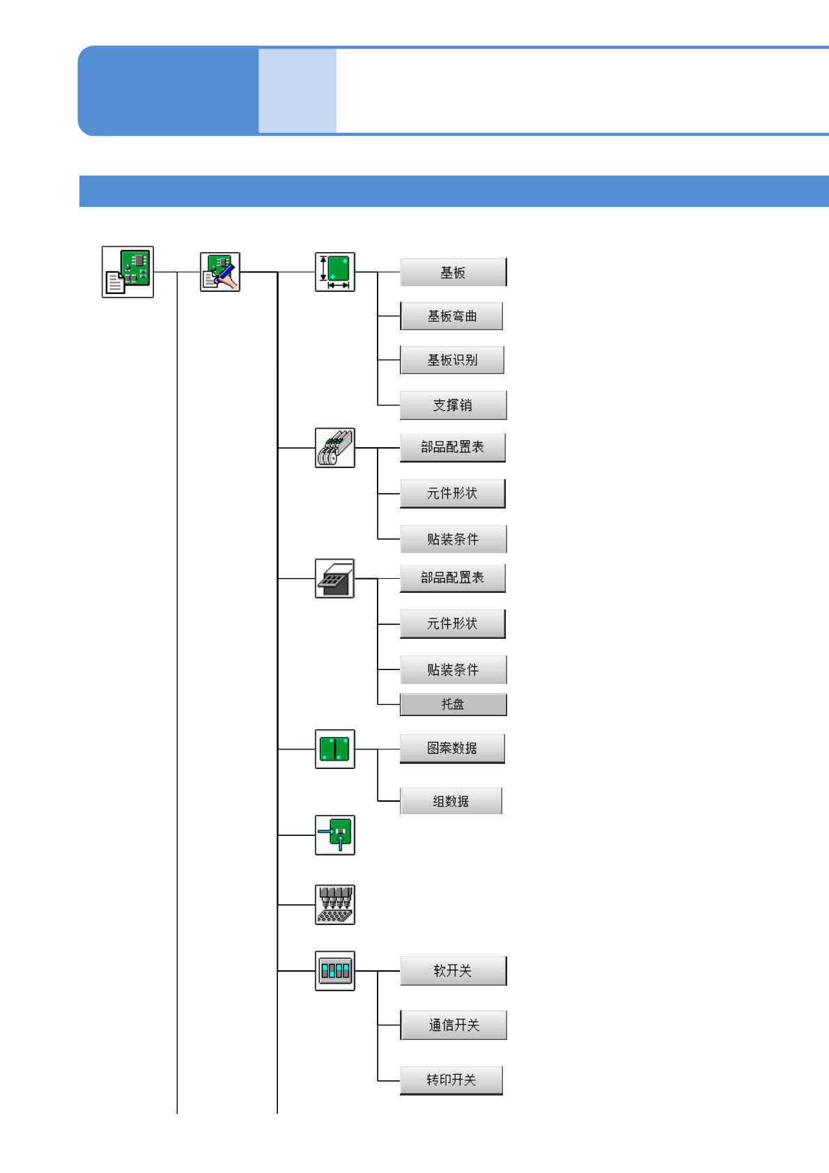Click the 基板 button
pos(453,272)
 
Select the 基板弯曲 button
pos(451,316)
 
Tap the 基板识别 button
pos(451,360)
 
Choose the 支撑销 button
pos(453,405)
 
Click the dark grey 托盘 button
pos(453,705)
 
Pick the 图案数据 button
pos(451,749)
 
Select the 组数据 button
pos(451,802)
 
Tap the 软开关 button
pos(453,971)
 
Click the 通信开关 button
pos(453,1025)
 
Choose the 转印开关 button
pos(451,1080)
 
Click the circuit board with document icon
pos(127,272)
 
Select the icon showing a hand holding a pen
pos(220,272)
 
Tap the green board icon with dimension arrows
pos(335,272)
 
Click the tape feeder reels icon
pos(335,448)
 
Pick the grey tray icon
pos(335,578)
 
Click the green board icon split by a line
pos(335,749)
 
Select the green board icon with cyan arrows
pos(335,834)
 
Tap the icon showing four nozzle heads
pos(335,905)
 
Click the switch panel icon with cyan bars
pos(335,970)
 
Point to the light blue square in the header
pos(297,91)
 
